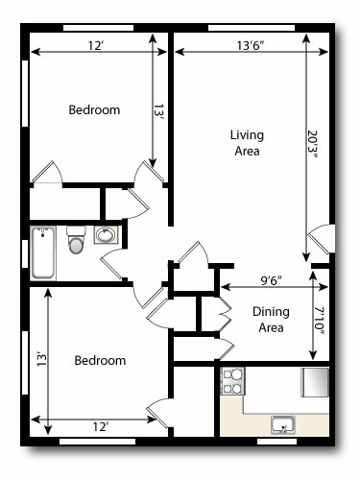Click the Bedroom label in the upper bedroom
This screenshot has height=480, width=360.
pos(94,110)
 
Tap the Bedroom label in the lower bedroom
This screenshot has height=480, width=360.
pos(100,361)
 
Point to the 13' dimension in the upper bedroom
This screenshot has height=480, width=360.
pos(158,112)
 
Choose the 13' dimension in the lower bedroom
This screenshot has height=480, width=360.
pos(40,360)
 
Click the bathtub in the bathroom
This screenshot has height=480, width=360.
pos(43,252)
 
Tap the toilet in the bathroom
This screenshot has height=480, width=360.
pos(77,242)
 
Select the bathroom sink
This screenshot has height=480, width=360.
pos(106,235)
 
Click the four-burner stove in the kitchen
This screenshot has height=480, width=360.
pos(233,382)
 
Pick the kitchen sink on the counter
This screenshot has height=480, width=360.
pos(282,423)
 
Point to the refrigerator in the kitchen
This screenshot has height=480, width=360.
pos(315,382)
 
